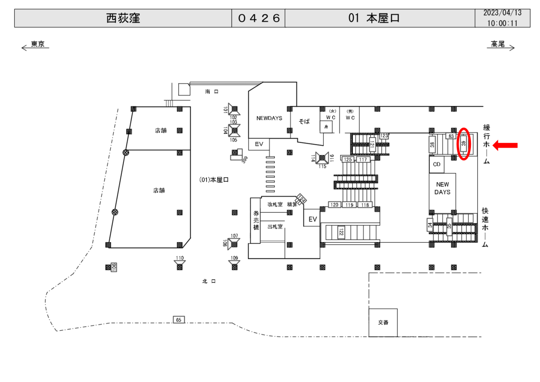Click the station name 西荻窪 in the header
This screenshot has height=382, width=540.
point(122,18)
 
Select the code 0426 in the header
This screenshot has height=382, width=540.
point(258,18)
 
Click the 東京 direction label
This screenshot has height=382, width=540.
point(37,44)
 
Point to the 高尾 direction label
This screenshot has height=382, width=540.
point(498,44)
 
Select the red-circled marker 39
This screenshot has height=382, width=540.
point(464,144)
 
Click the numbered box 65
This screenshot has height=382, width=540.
point(179,320)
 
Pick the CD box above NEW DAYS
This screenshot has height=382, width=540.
point(436,165)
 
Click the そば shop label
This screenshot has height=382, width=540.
point(304,121)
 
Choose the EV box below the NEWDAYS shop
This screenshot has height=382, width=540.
point(259,144)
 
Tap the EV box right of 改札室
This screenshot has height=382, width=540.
point(312,219)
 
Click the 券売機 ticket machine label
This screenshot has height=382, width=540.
point(256,220)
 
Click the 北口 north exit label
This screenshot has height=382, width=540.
point(209,281)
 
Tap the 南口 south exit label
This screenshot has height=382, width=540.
point(211,92)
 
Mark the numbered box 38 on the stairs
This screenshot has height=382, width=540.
point(432,145)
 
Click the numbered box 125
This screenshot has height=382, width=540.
point(348,159)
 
